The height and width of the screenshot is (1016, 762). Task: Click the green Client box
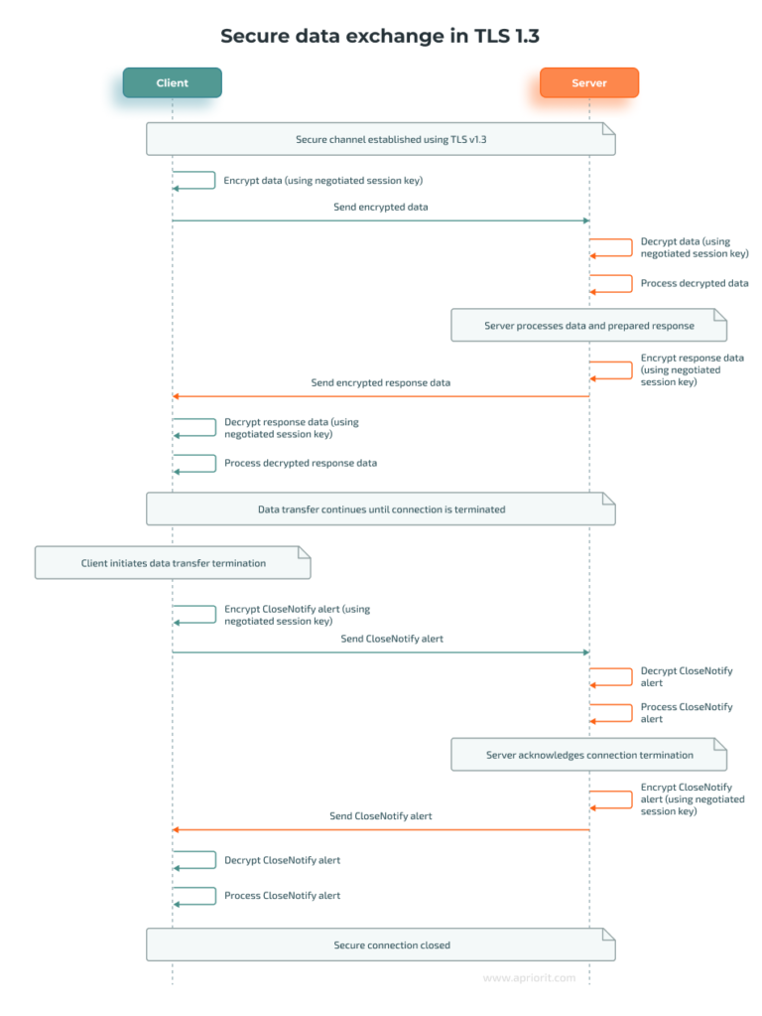[x=172, y=82]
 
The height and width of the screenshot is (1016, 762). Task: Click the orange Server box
[x=588, y=82]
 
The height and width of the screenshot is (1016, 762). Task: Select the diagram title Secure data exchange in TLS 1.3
[x=380, y=36]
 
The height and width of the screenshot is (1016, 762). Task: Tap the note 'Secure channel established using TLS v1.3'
[x=380, y=139]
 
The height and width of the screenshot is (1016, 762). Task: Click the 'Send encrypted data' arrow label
[x=381, y=207]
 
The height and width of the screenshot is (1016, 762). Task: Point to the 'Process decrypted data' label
[x=695, y=283]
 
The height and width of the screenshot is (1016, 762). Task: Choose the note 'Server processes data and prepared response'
[x=588, y=326]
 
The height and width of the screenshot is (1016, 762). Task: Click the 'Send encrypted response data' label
[x=381, y=382]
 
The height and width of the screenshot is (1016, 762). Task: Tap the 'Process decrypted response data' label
[x=300, y=463]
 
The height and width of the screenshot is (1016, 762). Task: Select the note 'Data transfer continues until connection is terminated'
[x=380, y=509]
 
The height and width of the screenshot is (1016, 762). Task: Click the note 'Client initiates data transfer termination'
[x=173, y=563]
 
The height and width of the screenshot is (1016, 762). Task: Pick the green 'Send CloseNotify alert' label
[x=392, y=639]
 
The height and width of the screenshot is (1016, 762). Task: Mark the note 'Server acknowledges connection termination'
[x=588, y=755]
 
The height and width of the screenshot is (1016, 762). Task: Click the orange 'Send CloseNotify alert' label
[x=381, y=815]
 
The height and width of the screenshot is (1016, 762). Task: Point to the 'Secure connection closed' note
[x=380, y=945]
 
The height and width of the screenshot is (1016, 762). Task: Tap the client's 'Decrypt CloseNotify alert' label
[x=282, y=860]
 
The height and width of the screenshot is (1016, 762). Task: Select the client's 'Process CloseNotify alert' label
[x=282, y=896]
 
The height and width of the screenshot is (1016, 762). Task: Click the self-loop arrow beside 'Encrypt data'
[x=195, y=180]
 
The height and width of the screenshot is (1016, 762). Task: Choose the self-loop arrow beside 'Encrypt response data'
[x=612, y=369]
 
